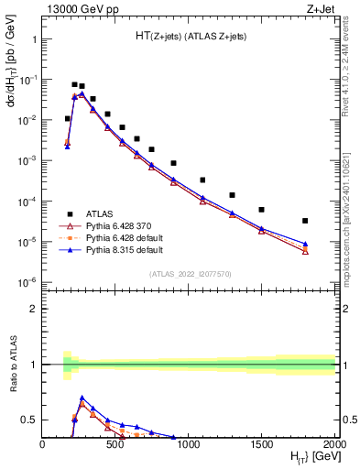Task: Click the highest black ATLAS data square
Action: tap(74, 84)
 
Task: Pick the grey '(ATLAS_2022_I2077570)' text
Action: tap(189, 273)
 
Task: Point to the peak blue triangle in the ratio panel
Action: tap(82, 398)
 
